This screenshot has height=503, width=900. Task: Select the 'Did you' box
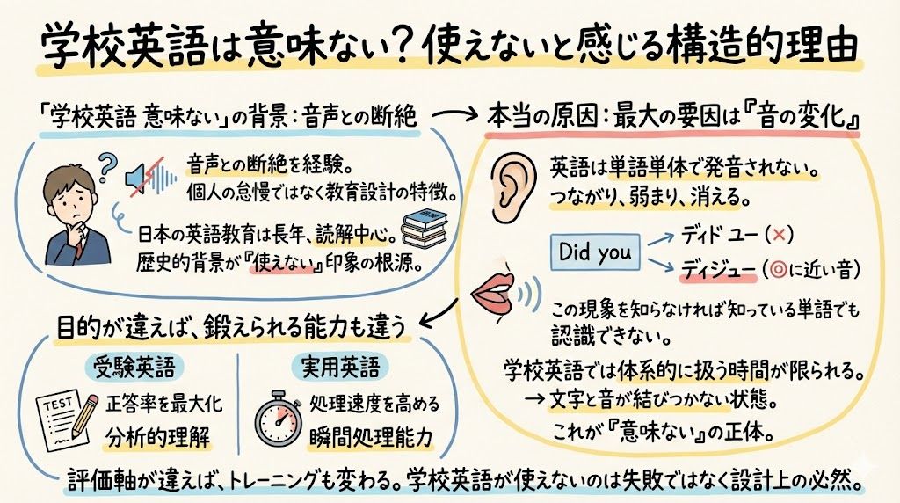point(595,253)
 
